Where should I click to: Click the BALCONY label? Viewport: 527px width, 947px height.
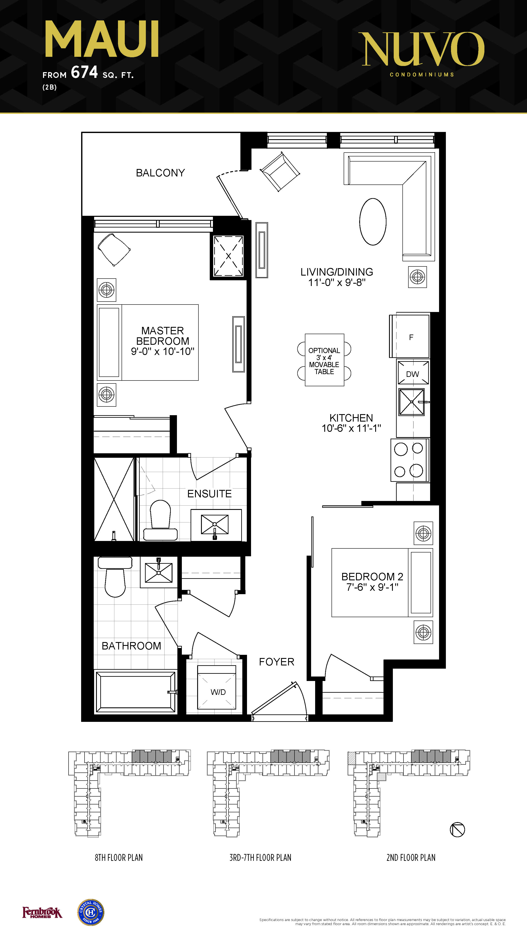click(x=160, y=173)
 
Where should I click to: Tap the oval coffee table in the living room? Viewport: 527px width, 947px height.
click(x=373, y=222)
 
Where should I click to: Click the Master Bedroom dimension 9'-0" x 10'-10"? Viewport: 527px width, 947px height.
click(x=162, y=351)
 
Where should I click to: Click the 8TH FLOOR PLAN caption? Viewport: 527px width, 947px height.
click(x=119, y=858)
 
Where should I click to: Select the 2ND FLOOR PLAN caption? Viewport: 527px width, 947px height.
click(x=411, y=858)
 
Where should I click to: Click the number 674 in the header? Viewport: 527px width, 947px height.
click(x=84, y=72)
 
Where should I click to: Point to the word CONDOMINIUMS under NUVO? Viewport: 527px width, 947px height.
click(x=422, y=75)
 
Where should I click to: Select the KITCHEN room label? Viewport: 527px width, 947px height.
click(x=351, y=418)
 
